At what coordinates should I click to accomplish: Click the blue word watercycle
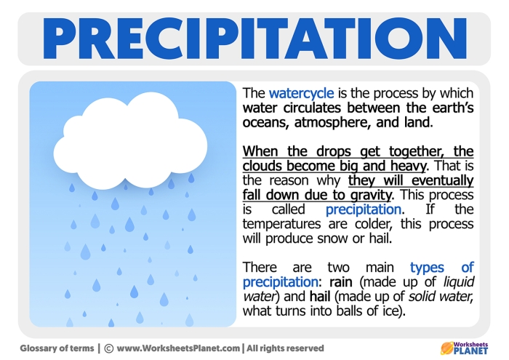point(301,94)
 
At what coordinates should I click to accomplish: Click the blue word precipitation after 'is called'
point(363,209)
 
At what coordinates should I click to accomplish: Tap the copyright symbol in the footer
point(108,348)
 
